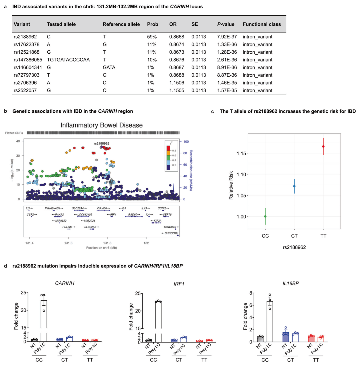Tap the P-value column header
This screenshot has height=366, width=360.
pyautogui.click(x=226, y=24)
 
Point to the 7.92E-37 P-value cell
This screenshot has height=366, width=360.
pyautogui.click(x=227, y=36)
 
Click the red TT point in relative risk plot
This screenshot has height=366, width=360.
pyautogui.click(x=323, y=146)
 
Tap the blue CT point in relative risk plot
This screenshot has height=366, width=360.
pyautogui.click(x=294, y=186)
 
